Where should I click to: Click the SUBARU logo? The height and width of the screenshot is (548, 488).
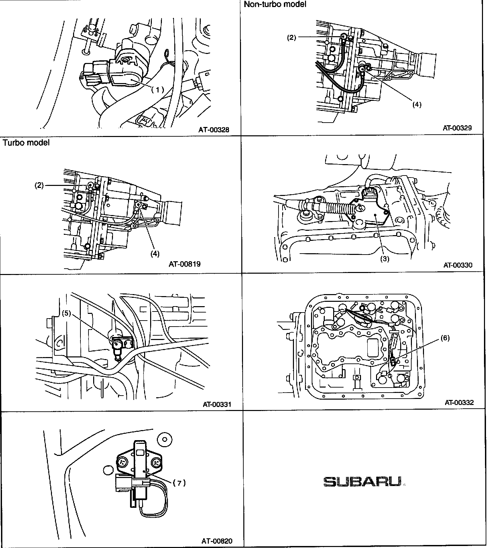362,482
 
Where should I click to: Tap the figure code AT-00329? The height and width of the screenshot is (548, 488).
457,128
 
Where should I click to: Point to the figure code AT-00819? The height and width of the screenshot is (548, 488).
184,264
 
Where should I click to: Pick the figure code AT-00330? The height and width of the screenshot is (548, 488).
458,265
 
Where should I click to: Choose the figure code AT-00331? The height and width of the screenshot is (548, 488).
217,404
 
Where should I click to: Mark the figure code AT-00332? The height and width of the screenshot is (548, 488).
459,402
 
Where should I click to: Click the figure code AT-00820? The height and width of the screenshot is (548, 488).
217,541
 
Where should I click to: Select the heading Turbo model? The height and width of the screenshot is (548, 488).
26,143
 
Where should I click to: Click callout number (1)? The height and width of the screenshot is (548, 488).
158,89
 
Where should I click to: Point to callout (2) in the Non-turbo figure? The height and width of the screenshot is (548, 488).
291,38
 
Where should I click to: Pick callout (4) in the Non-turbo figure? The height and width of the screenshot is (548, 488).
417,105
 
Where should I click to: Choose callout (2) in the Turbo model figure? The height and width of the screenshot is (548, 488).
40,185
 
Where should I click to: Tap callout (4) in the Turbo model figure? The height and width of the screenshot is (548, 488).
155,254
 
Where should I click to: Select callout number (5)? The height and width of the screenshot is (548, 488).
67,313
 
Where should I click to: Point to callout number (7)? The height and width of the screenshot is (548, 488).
179,483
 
